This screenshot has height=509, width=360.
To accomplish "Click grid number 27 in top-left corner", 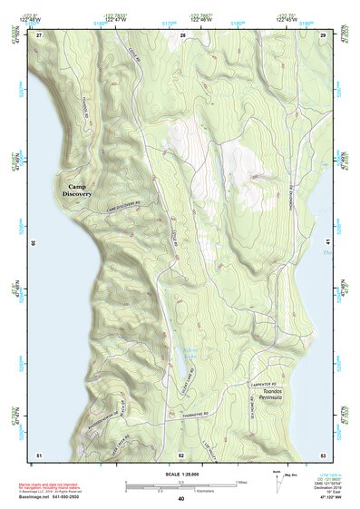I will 39,34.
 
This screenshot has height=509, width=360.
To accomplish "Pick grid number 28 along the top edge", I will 183,34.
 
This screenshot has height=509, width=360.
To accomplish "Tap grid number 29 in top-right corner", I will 324,34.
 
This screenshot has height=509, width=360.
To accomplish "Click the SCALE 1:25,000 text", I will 180,474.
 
